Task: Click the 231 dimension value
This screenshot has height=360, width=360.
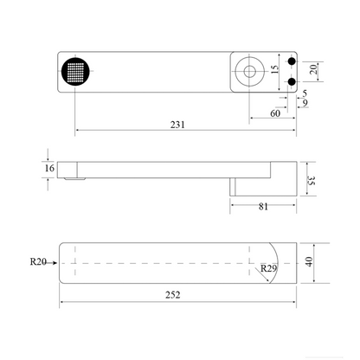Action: tap(177, 125)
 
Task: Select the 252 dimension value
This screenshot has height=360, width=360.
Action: tap(173, 295)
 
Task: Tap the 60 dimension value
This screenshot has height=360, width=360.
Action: tap(275, 113)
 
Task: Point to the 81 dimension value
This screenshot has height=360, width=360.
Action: tap(263, 207)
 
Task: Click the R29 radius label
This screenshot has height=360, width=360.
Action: tap(268, 268)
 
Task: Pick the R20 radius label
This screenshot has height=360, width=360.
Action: tap(38, 261)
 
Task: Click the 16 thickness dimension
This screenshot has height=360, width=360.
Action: tap(49, 168)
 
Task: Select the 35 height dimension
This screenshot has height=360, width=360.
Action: tap(312, 181)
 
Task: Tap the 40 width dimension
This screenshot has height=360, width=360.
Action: tap(309, 262)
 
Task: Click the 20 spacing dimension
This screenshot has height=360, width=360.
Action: tap(313, 69)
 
